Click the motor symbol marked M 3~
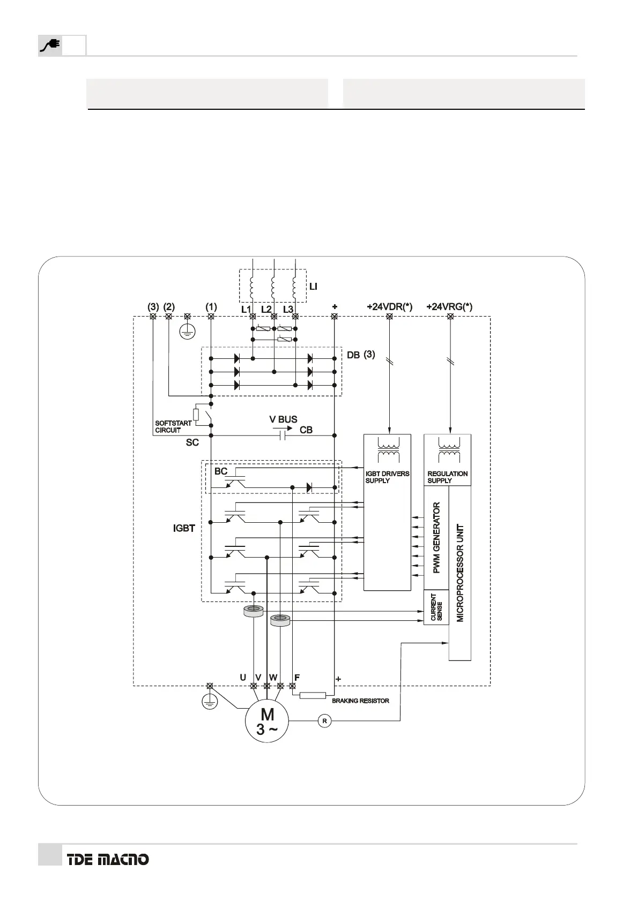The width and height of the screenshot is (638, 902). [267, 721]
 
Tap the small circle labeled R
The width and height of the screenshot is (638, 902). [324, 721]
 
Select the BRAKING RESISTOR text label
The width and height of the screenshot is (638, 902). [360, 701]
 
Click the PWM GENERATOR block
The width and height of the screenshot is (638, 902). [436, 537]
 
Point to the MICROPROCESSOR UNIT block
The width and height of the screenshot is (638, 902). [460, 573]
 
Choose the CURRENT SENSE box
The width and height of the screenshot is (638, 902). [436, 607]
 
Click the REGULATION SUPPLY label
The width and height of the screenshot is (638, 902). [447, 477]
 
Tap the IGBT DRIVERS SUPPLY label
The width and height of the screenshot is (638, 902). [387, 477]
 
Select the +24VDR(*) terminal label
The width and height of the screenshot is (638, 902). [389, 307]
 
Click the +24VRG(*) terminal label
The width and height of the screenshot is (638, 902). [449, 307]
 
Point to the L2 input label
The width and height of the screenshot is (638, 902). [266, 310]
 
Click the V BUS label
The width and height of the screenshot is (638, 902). [283, 419]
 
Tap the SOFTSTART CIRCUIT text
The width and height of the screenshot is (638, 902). [173, 426]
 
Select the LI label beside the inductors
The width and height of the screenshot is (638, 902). [313, 287]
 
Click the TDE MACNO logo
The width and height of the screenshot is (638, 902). [108, 859]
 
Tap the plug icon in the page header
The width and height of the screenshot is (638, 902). [50, 46]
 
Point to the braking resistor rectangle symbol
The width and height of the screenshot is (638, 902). [313, 695]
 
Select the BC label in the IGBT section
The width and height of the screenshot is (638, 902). [221, 471]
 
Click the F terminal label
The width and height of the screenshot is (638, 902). [297, 678]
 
